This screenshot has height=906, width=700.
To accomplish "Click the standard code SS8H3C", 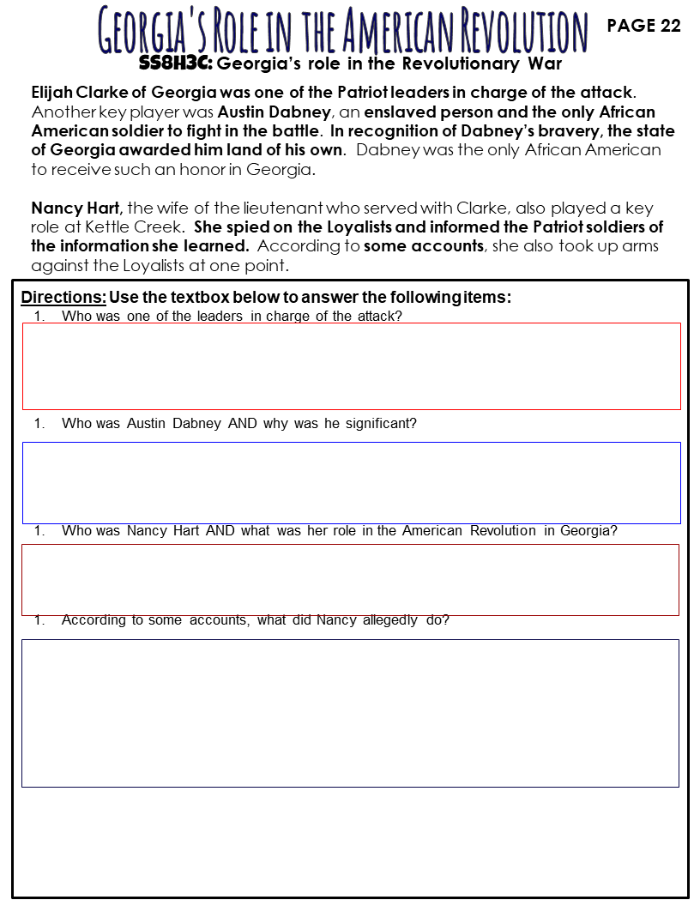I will point(175,63).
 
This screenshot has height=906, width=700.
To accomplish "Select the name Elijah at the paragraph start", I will point(51,92).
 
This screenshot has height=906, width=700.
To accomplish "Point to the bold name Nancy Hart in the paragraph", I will point(77,208).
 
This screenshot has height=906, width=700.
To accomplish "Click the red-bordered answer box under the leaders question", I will point(351,365).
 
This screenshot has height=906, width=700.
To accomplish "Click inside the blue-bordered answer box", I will point(351,482).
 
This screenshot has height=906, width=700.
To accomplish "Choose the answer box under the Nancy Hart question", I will point(350,579).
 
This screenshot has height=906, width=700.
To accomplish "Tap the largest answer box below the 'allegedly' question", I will point(350,712).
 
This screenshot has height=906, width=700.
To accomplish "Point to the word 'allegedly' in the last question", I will point(389,619).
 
